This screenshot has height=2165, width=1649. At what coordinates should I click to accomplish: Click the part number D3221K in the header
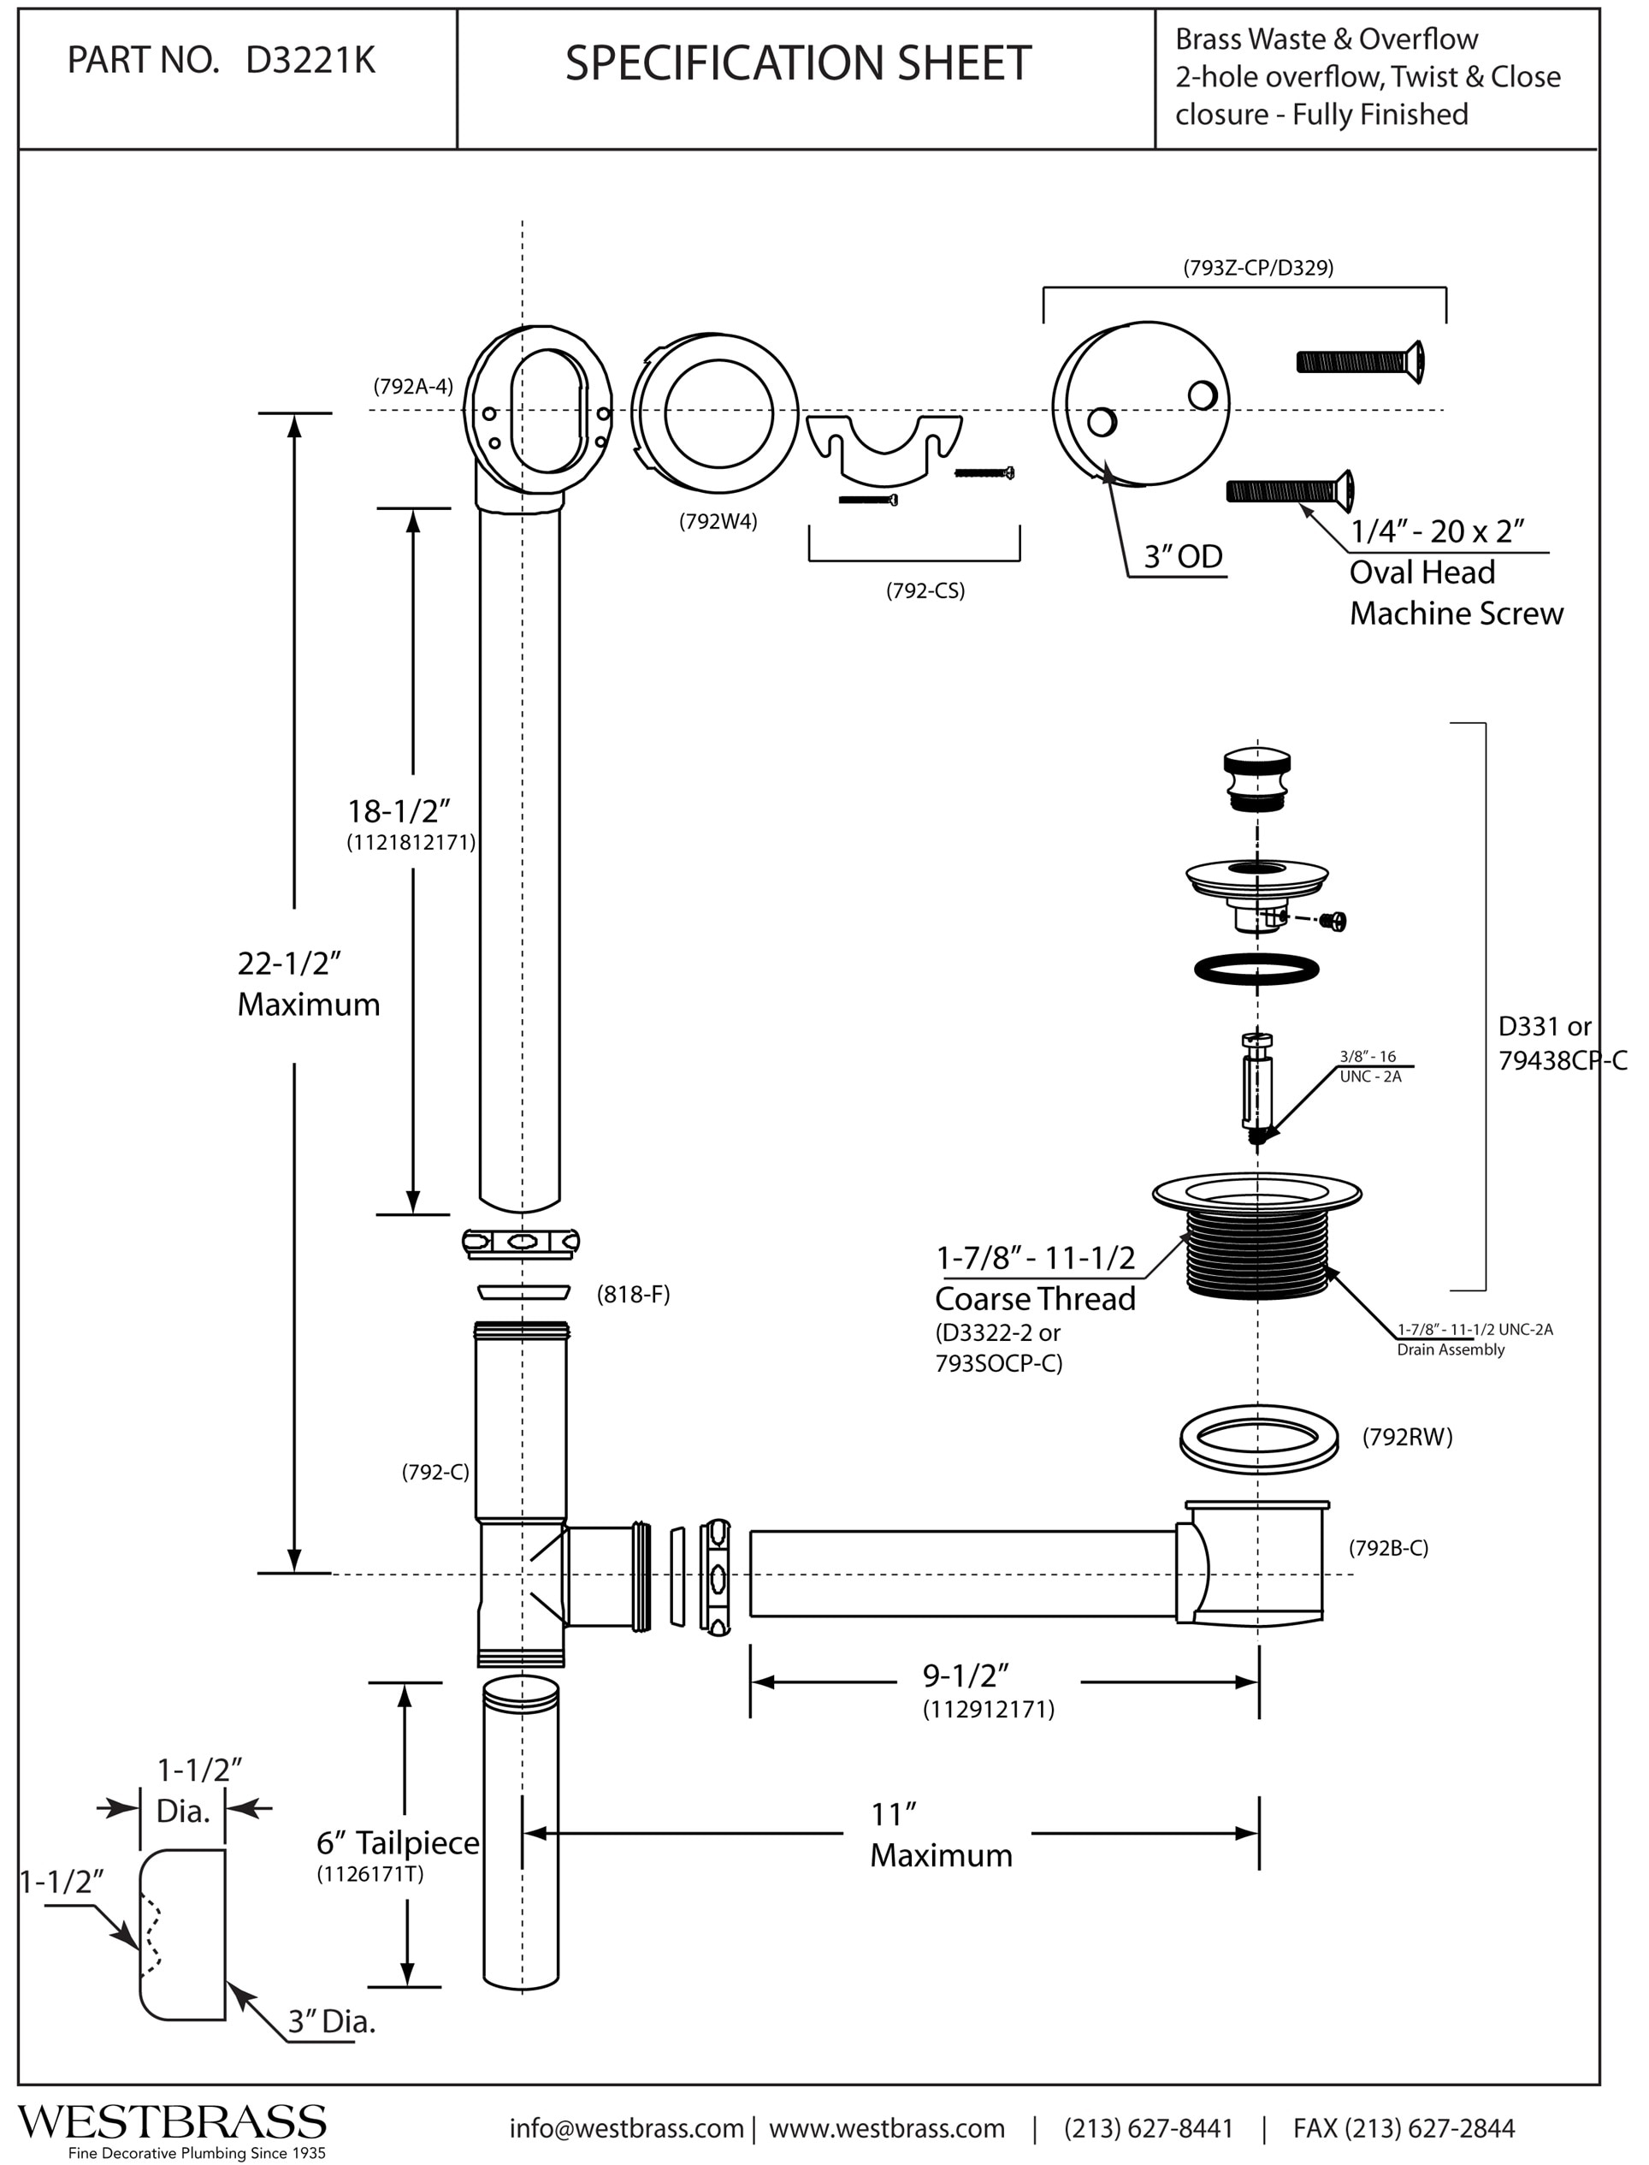310,61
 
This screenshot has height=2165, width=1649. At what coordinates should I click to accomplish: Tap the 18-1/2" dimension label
398,811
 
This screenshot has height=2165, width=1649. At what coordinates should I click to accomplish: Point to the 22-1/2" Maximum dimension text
308,983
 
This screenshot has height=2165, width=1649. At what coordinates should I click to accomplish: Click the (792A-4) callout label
413,386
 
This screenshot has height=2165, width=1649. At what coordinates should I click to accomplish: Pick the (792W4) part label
718,521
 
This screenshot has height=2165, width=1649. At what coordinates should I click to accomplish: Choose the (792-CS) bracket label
925,591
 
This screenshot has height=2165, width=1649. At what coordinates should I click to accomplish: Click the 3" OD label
1183,557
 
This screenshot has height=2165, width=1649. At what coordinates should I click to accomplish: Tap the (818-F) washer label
633,1295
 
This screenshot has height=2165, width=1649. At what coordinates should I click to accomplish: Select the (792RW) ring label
1407,1438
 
